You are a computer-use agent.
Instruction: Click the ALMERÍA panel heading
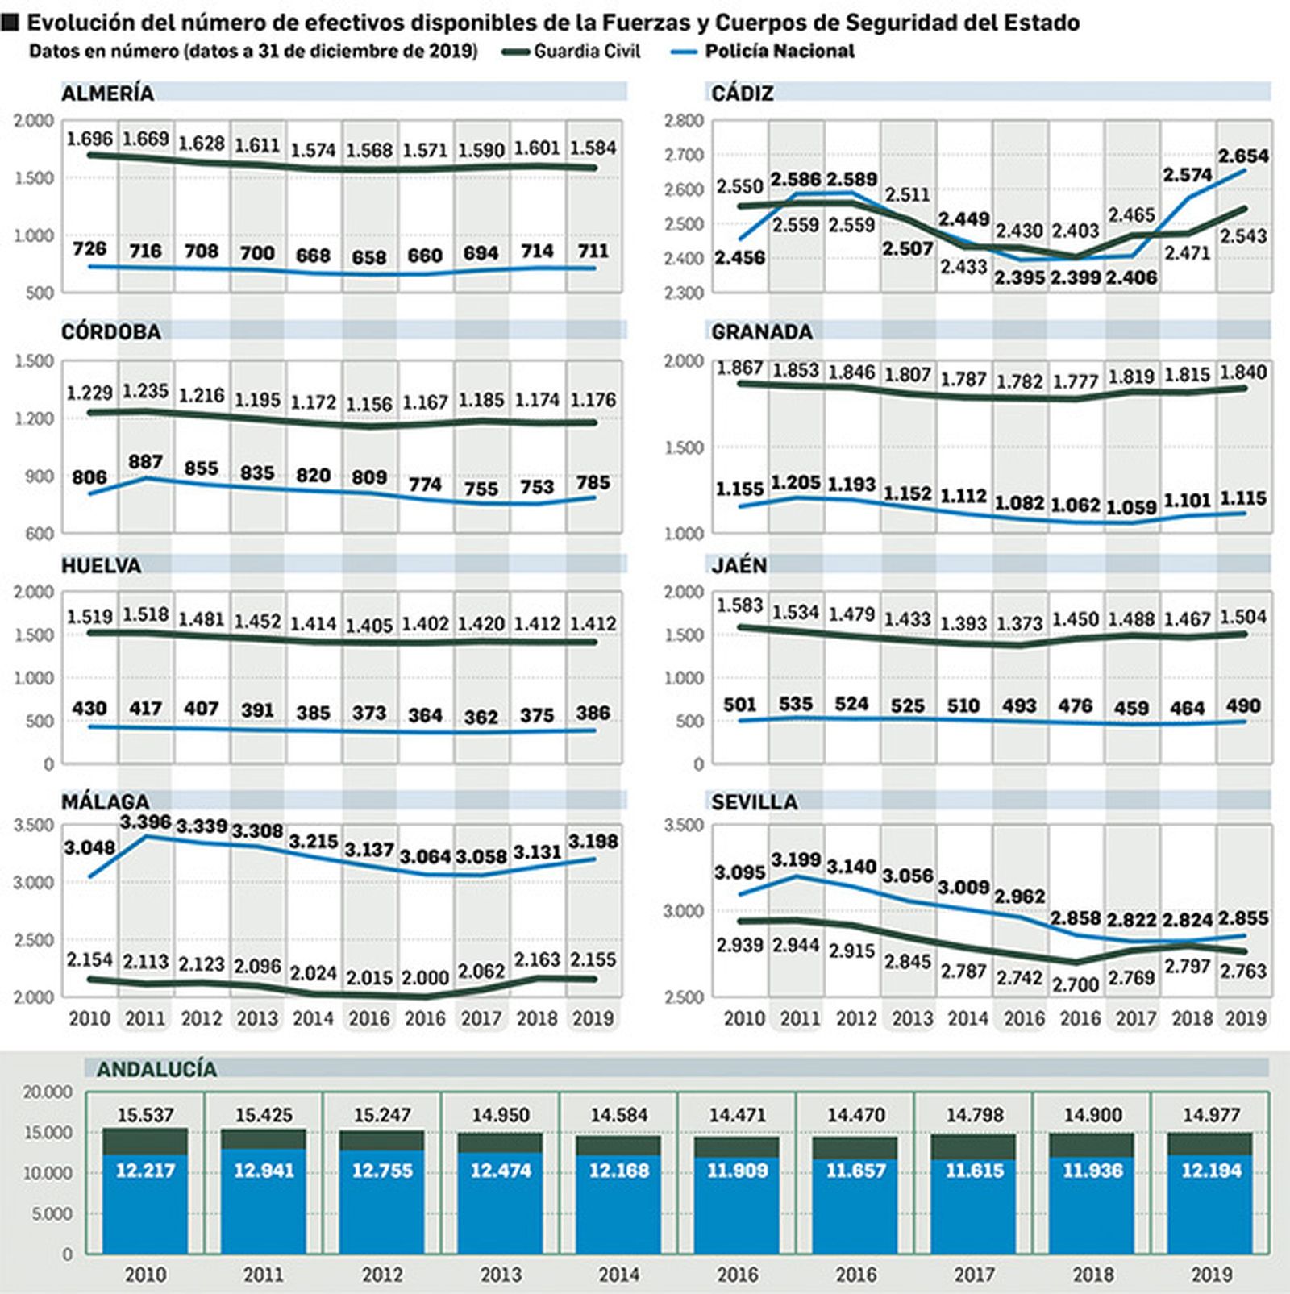click(x=107, y=94)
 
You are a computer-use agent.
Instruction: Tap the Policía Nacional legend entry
click(x=779, y=52)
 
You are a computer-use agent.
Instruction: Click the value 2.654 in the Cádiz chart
click(x=1243, y=156)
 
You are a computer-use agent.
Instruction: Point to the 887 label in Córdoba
click(x=145, y=462)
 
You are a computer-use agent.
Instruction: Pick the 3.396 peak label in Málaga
click(x=145, y=822)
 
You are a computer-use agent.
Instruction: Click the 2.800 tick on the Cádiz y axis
click(x=684, y=121)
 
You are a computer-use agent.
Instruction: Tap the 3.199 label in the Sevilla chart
click(x=796, y=860)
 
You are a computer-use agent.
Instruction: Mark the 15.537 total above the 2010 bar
click(x=145, y=1115)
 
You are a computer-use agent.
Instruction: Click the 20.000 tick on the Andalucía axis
click(x=48, y=1092)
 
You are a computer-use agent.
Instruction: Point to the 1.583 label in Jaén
click(x=739, y=605)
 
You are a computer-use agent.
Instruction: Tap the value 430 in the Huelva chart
click(x=89, y=708)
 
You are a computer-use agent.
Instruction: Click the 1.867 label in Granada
click(x=739, y=368)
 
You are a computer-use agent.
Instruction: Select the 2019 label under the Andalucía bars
click(x=1211, y=1275)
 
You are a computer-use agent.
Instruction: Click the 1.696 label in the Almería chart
click(x=89, y=139)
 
